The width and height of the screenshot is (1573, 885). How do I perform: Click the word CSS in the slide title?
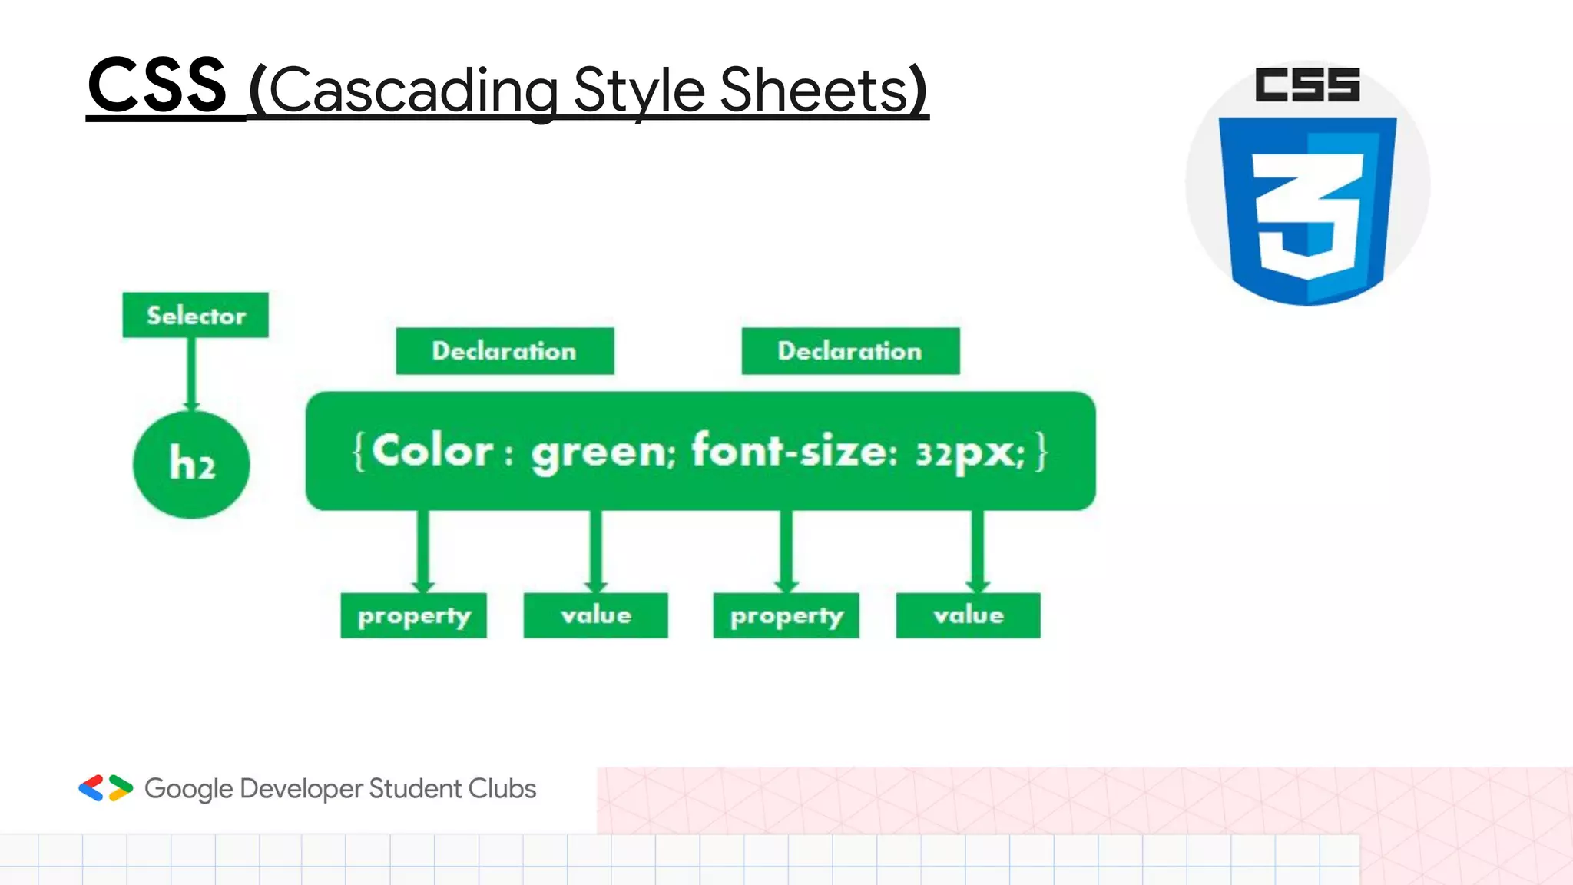tap(157, 86)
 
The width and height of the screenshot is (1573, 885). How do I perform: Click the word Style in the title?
tap(639, 91)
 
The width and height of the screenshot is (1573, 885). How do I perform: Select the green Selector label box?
tap(196, 315)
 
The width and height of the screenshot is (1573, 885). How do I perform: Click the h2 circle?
tap(191, 464)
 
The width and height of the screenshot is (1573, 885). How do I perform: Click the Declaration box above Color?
tap(505, 351)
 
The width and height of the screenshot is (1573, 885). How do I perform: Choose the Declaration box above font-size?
tap(850, 351)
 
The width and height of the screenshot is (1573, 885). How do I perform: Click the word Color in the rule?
tap(432, 451)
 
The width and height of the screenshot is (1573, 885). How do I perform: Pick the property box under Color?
tap(414, 615)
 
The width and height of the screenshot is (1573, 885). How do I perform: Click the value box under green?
tap(596, 615)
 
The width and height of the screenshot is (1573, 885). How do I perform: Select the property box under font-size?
tap(786, 615)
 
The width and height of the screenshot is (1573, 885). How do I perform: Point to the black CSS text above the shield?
tap(1307, 85)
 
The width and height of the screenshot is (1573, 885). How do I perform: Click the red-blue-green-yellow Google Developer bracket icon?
tap(106, 788)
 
